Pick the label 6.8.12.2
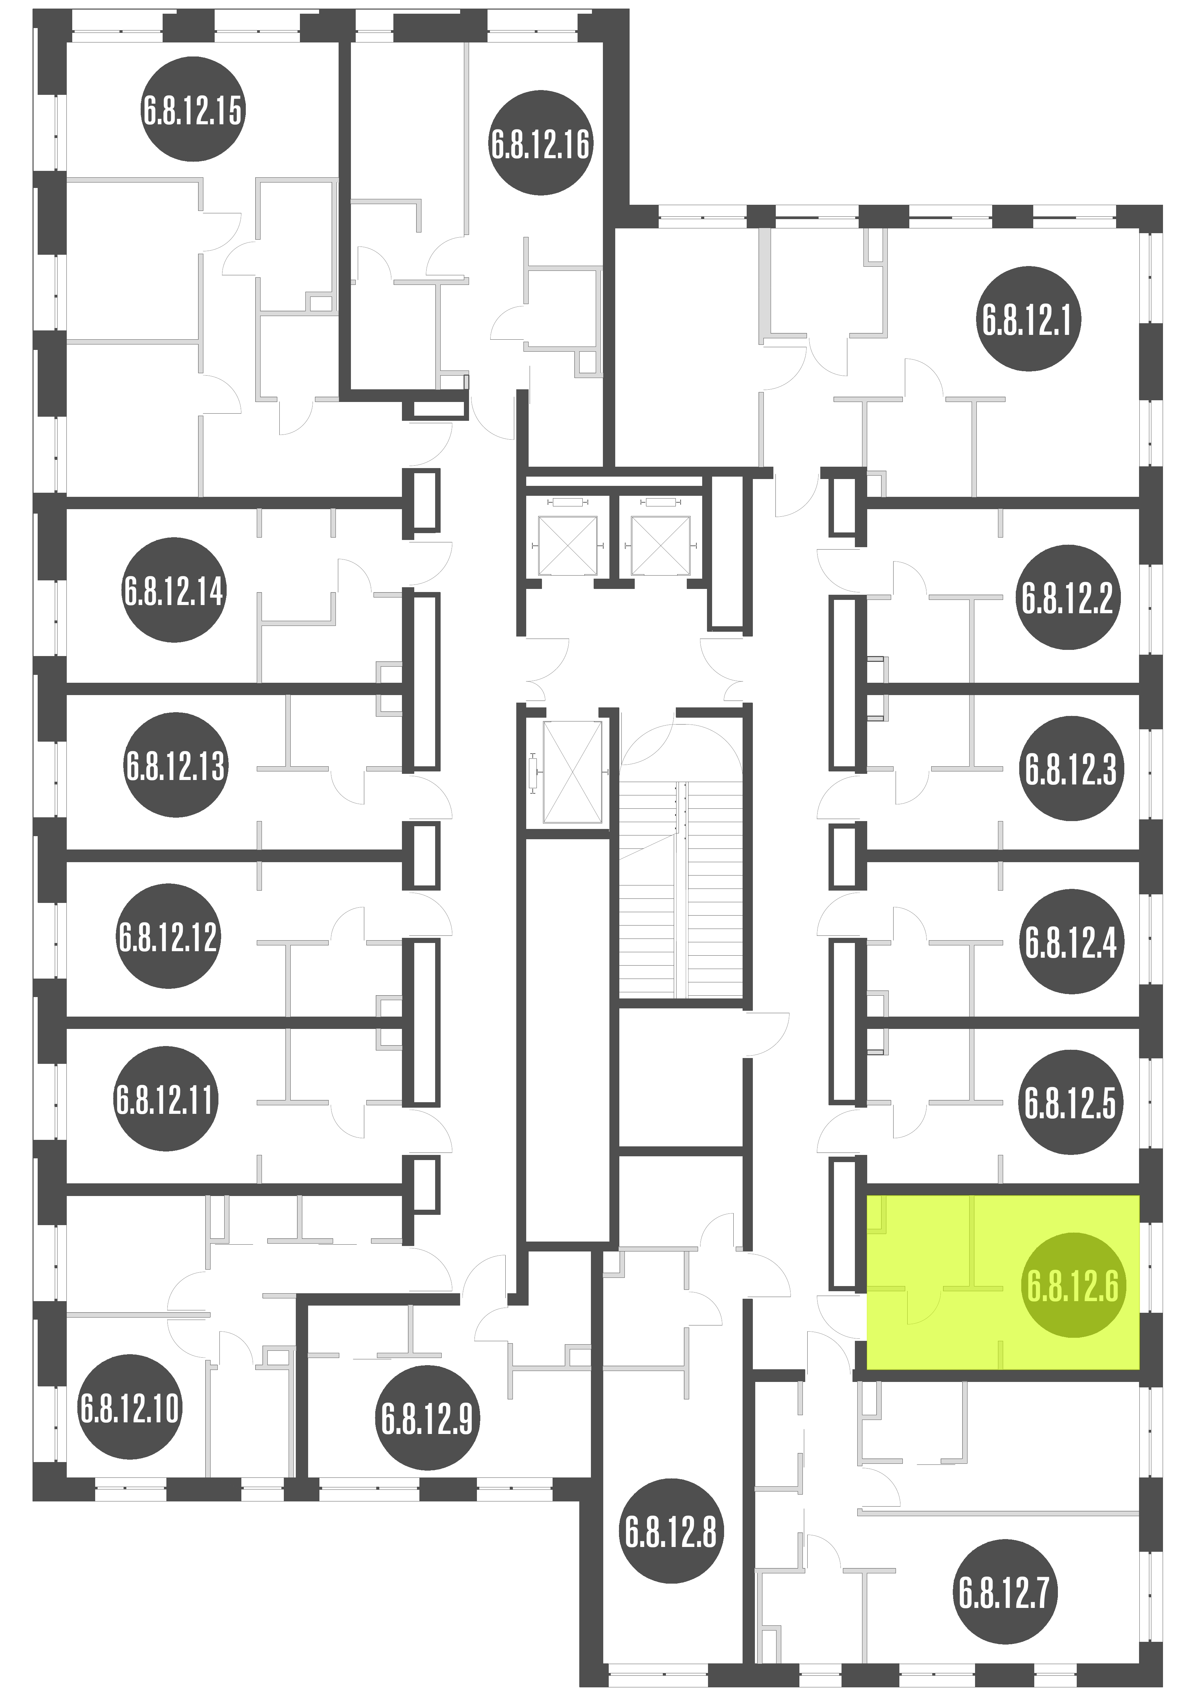[1068, 597]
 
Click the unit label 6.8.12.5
[1070, 1103]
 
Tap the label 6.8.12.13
[175, 764]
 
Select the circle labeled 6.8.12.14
[173, 590]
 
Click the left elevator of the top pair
[568, 545]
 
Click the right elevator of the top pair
[660, 545]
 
